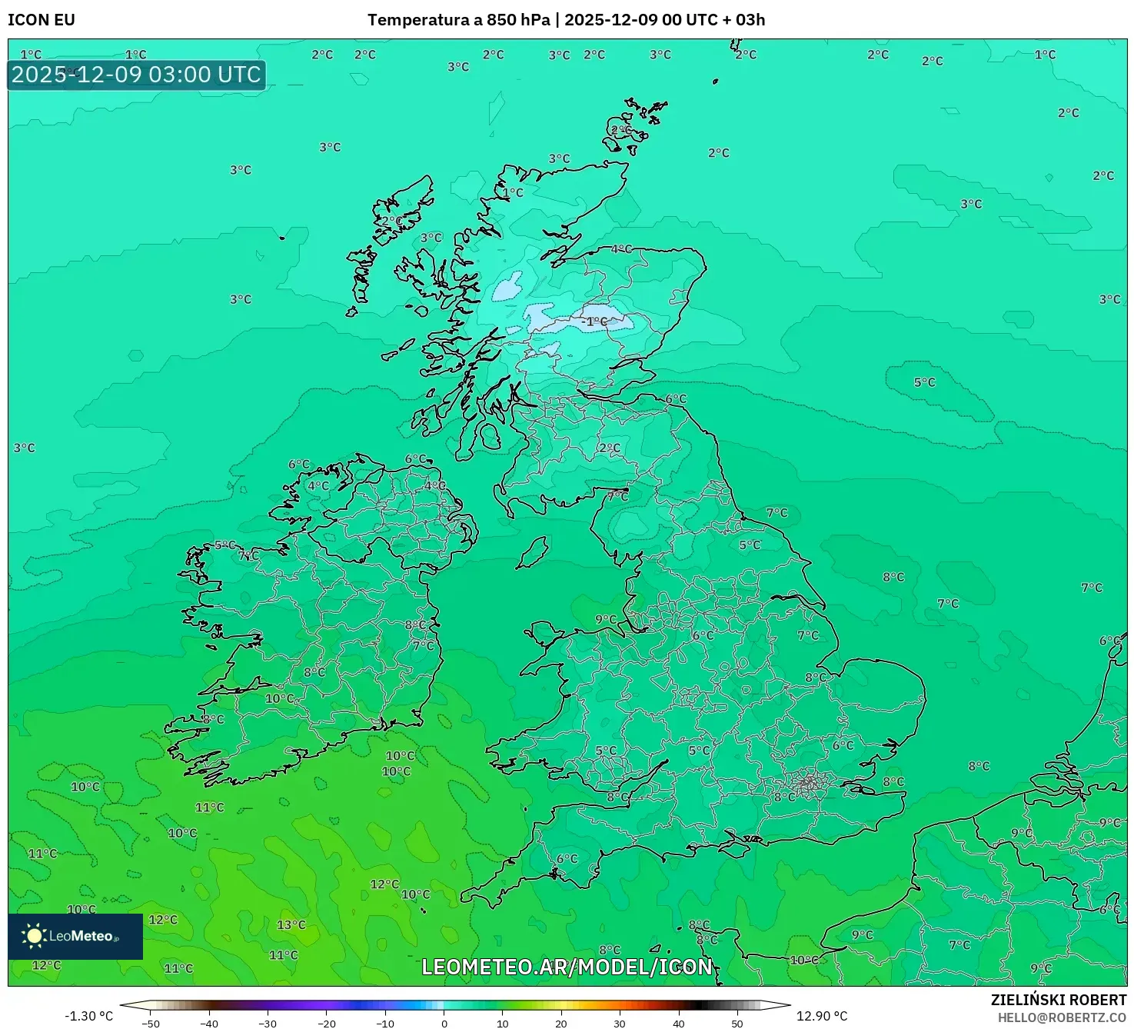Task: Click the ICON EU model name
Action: pyautogui.click(x=42, y=20)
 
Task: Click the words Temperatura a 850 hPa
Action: pyautogui.click(x=458, y=20)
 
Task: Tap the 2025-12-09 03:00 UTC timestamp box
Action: pyautogui.click(x=137, y=75)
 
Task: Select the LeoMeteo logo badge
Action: pyautogui.click(x=75, y=936)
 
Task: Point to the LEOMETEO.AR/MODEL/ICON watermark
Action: pyautogui.click(x=567, y=967)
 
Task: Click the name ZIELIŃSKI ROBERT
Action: pyautogui.click(x=1058, y=1000)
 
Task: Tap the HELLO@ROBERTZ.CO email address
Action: pyautogui.click(x=1062, y=1017)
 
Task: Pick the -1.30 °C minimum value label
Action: pyautogui.click(x=88, y=1016)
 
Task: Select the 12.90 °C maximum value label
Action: pyautogui.click(x=821, y=1016)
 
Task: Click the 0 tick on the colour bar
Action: pyautogui.click(x=444, y=1023)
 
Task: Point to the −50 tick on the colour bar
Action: pyautogui.click(x=151, y=1023)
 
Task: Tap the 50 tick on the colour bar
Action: pyautogui.click(x=737, y=1023)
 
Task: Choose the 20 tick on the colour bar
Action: pyautogui.click(x=561, y=1023)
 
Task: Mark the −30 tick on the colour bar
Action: pyautogui.click(x=268, y=1023)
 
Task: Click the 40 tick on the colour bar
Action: pyautogui.click(x=679, y=1023)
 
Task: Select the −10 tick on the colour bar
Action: pyautogui.click(x=385, y=1023)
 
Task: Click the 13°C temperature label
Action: pyautogui.click(x=291, y=924)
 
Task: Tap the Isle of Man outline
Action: pyautogui.click(x=532, y=552)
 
